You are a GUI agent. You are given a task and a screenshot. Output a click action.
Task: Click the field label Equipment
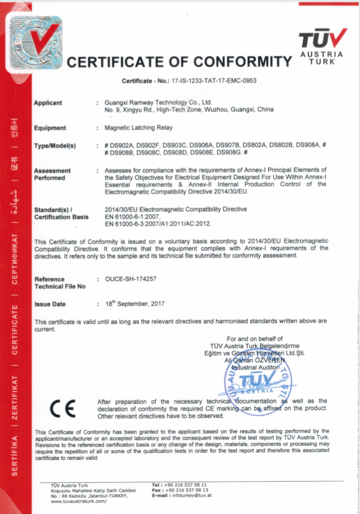pos(50,128)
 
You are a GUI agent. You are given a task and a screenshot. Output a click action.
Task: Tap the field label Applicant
pos(48,102)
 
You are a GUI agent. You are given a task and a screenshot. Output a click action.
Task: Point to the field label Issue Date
pos(50,304)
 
